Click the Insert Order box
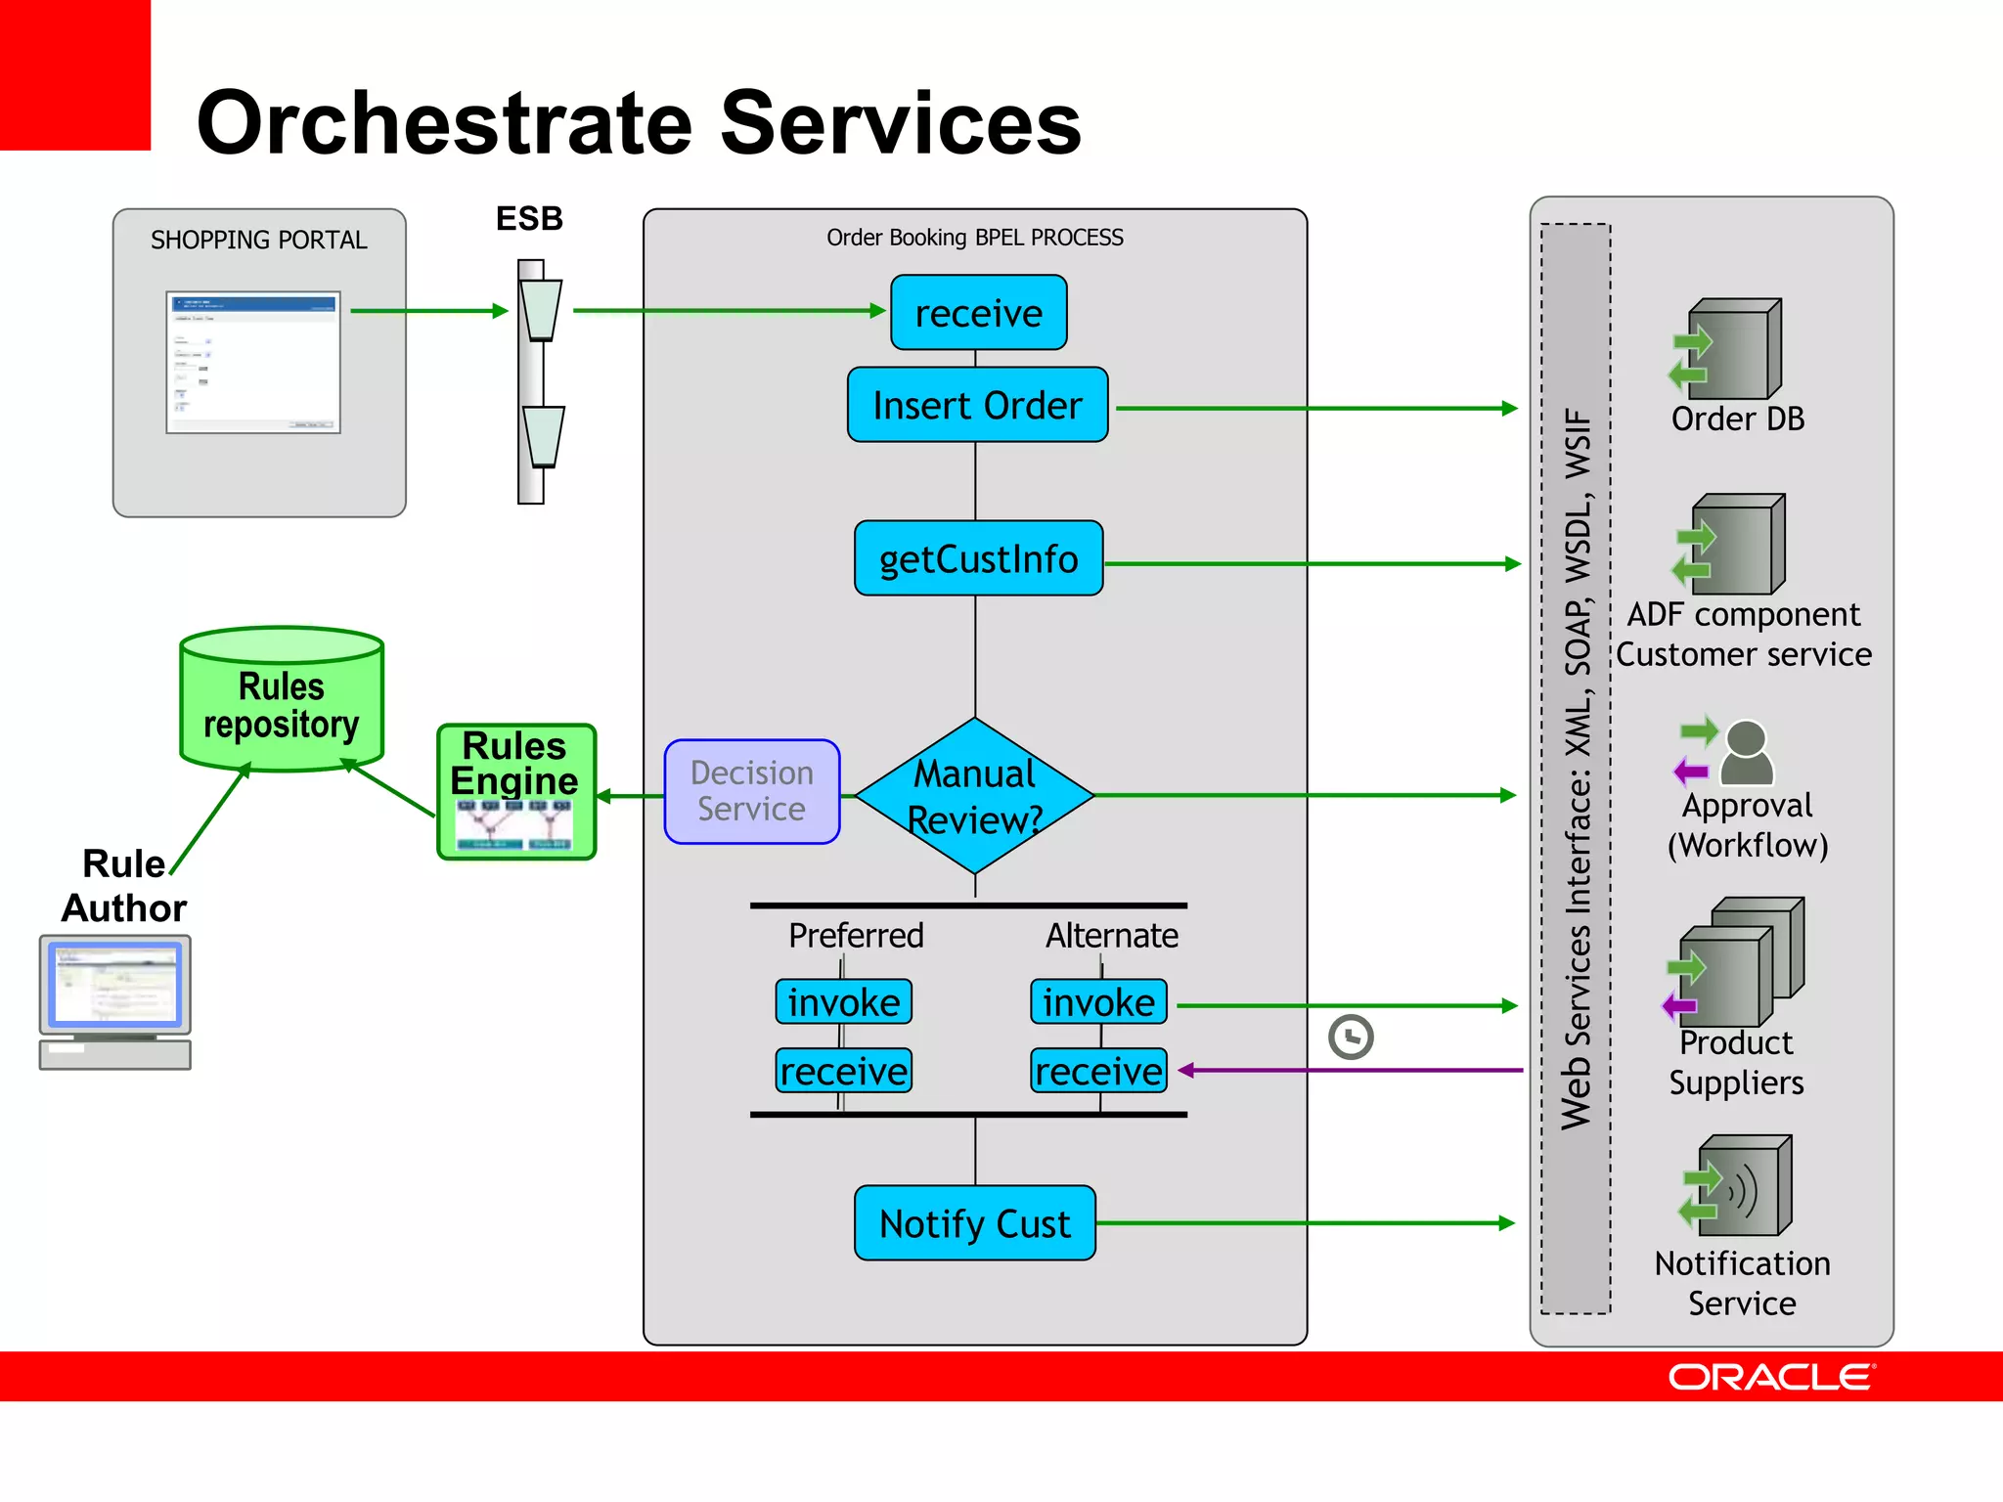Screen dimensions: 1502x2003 977,405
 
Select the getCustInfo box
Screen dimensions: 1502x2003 978,558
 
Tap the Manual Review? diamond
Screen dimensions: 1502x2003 974,796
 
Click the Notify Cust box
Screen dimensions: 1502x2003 974,1223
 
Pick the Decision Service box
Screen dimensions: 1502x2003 751,791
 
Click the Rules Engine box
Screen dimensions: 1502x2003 515,792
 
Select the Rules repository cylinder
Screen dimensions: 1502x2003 282,700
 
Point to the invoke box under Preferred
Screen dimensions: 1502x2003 843,1002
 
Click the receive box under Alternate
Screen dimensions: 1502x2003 1098,1071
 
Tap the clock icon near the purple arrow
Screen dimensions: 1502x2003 1351,1037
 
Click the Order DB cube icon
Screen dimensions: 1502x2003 1731,349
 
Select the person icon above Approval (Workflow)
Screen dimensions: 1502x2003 1746,752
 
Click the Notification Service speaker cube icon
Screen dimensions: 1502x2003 1741,1186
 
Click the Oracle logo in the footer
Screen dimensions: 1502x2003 1770,1377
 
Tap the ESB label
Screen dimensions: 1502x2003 529,218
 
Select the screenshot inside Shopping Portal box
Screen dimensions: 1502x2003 253,362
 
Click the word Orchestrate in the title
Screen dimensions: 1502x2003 446,123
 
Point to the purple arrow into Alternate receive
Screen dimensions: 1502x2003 1350,1071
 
